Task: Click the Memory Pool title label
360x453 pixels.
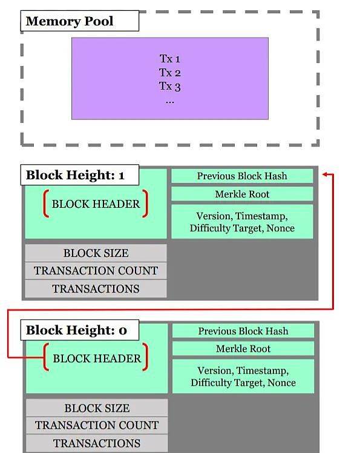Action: pyautogui.click(x=79, y=21)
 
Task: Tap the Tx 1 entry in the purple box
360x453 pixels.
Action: pyautogui.click(x=170, y=59)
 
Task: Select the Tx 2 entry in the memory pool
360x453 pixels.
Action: pyautogui.click(x=170, y=73)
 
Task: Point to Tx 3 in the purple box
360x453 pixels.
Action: pyautogui.click(x=170, y=86)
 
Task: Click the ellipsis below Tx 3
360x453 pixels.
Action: pyautogui.click(x=170, y=102)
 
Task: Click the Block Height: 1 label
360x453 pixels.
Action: pyautogui.click(x=79, y=175)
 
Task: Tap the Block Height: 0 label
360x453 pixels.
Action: pyautogui.click(x=79, y=330)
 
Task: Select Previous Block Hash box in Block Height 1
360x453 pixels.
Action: pyautogui.click(x=242, y=176)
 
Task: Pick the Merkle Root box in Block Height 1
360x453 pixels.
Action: pyautogui.click(x=242, y=194)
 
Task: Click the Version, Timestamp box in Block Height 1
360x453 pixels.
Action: pyautogui.click(x=242, y=222)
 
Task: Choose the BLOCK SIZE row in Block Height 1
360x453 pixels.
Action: pyautogui.click(x=96, y=253)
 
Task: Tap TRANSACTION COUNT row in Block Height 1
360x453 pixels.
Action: pyautogui.click(x=96, y=271)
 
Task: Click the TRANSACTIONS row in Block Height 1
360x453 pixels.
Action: pyautogui.click(x=96, y=289)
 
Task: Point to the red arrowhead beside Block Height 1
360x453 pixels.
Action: pyautogui.click(x=325, y=174)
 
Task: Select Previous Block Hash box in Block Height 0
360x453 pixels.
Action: pyautogui.click(x=243, y=331)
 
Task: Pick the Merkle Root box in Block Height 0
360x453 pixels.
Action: pyautogui.click(x=243, y=349)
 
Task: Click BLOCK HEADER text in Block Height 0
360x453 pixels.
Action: pyautogui.click(x=97, y=359)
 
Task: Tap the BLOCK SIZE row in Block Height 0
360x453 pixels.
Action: pyautogui.click(x=97, y=408)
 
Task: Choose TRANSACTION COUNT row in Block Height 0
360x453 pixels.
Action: pyautogui.click(x=97, y=425)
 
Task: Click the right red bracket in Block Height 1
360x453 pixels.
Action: pyautogui.click(x=145, y=203)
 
